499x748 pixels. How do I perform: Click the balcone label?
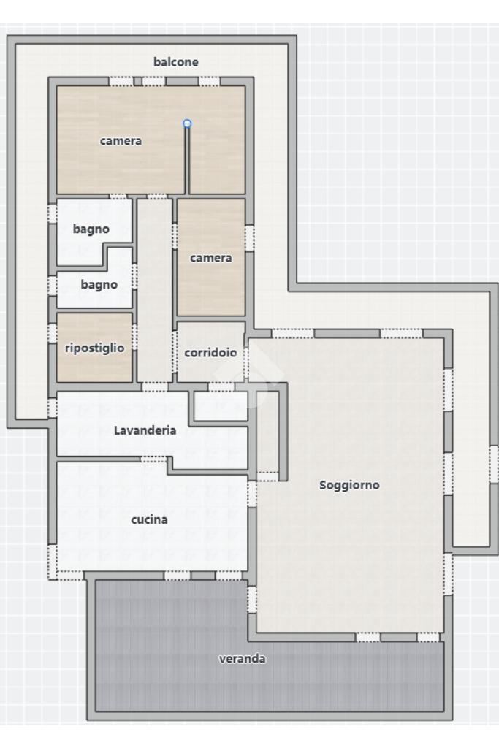click(175, 62)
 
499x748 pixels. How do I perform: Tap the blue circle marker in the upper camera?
click(187, 123)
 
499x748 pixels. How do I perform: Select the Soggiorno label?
click(349, 485)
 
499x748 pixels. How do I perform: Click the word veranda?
click(242, 659)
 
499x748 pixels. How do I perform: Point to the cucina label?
click(149, 519)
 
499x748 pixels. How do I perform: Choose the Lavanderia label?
click(145, 430)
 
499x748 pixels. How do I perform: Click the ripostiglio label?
click(94, 348)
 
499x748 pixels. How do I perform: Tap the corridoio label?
click(210, 353)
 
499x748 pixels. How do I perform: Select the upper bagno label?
click(91, 229)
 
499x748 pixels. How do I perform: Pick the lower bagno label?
click(99, 286)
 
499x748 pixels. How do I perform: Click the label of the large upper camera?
click(121, 141)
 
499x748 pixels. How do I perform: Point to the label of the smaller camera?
click(211, 258)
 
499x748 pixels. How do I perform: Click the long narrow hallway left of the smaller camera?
click(155, 290)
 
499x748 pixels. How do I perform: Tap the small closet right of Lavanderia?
click(221, 406)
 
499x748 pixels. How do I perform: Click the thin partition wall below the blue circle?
click(187, 160)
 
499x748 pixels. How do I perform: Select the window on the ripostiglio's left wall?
click(52, 333)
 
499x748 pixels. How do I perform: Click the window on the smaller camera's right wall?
click(249, 238)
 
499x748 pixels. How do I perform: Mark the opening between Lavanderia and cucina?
click(153, 459)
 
